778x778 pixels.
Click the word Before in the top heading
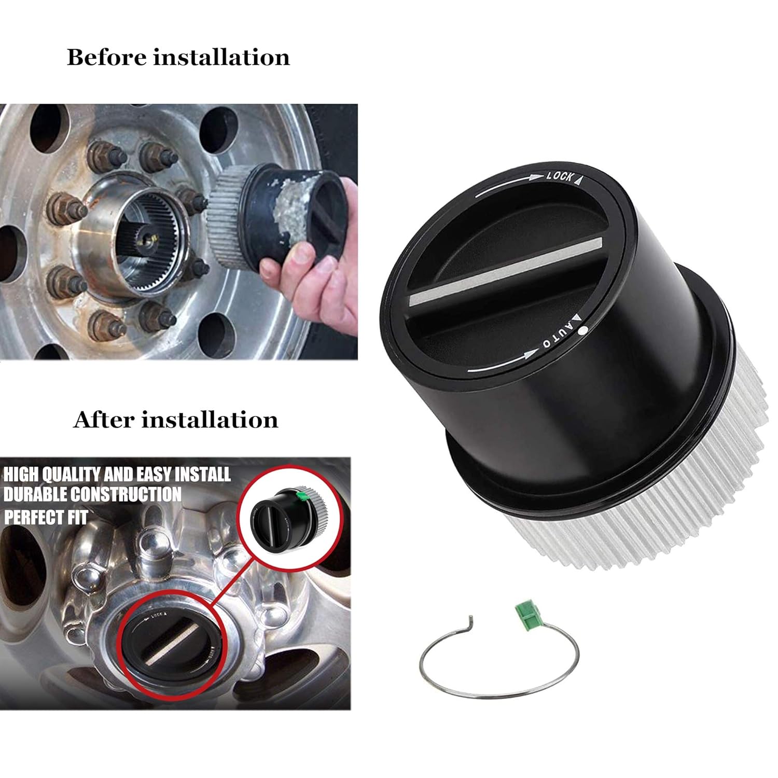point(107,57)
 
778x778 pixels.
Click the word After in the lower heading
point(103,420)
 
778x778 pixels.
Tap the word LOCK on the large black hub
point(560,176)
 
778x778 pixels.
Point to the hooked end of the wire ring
point(470,620)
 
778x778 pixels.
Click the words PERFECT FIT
point(46,517)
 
